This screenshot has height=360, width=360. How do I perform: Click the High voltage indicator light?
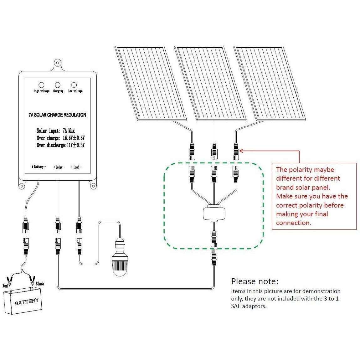tap(41, 85)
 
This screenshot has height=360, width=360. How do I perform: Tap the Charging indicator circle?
tap(58, 85)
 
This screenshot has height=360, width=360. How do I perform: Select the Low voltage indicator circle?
tap(74, 85)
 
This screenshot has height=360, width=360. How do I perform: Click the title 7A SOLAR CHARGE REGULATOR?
tap(57, 115)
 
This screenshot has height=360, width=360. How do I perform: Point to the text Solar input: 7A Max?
tap(56, 131)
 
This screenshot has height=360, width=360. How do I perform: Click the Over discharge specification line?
tap(61, 145)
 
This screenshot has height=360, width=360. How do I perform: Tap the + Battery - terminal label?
tap(39, 167)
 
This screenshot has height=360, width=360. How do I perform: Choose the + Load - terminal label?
tap(76, 167)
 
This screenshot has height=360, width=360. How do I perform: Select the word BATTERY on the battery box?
tap(27, 301)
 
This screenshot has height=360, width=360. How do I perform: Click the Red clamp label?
tap(5, 286)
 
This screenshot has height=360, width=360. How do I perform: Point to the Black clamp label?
tap(40, 284)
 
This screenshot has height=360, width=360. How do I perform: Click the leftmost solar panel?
tap(150, 83)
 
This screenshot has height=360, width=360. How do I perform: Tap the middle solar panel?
tap(209, 83)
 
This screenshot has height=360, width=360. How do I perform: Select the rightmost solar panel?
tap(269, 83)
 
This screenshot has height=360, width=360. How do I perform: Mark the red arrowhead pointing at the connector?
tap(241, 151)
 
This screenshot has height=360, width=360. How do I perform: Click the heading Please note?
tap(255, 281)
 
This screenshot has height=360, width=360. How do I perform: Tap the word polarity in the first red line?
tap(302, 170)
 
